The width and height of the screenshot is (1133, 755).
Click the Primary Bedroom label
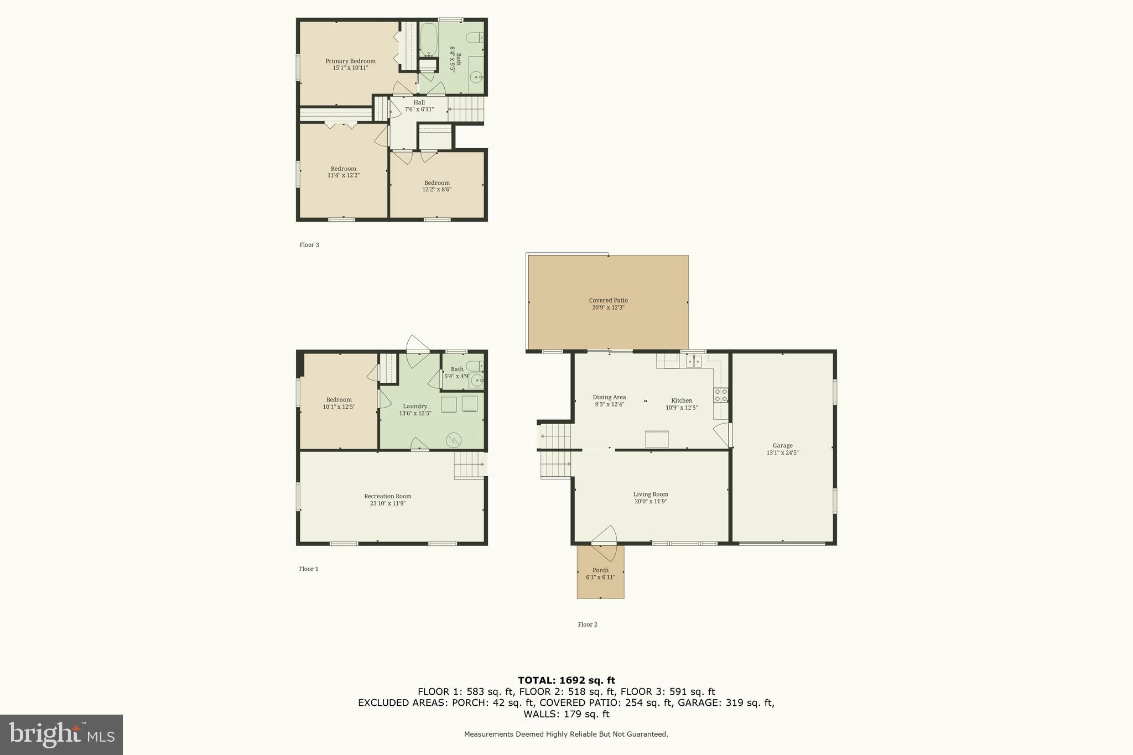(x=350, y=61)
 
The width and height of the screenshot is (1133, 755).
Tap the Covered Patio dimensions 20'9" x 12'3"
(x=608, y=308)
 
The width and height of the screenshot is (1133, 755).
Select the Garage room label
(x=782, y=445)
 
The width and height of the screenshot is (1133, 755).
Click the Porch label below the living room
(x=600, y=570)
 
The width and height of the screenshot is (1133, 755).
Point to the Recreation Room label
(x=387, y=496)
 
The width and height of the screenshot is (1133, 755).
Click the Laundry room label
(x=415, y=406)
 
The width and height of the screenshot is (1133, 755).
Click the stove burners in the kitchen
(x=720, y=395)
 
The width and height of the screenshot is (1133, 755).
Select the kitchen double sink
(x=694, y=362)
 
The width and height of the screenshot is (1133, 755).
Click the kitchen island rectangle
(x=657, y=439)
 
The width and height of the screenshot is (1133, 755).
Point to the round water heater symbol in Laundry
(x=454, y=440)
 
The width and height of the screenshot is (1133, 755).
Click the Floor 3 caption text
(x=309, y=245)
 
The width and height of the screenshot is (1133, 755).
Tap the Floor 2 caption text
(x=588, y=624)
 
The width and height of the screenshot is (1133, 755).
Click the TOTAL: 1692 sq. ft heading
(x=566, y=680)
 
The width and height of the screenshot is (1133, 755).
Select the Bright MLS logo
(x=61, y=735)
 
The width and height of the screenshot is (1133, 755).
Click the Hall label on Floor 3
(x=419, y=102)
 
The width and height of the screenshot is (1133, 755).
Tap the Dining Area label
(x=609, y=397)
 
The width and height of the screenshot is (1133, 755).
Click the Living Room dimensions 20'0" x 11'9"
(x=651, y=502)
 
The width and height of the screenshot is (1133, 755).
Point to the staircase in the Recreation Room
(x=469, y=465)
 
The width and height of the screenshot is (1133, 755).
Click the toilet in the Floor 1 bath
(x=475, y=366)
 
